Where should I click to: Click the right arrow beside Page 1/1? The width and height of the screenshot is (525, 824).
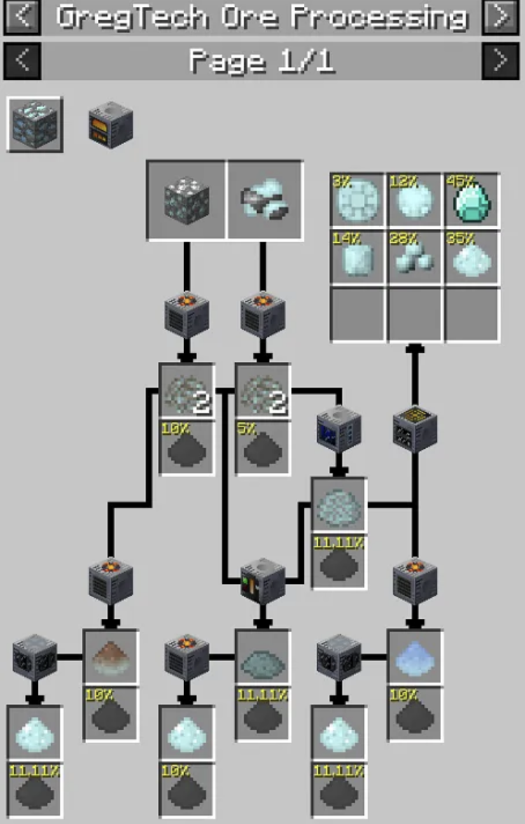(500, 61)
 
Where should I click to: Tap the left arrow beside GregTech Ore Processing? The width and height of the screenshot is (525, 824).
(22, 15)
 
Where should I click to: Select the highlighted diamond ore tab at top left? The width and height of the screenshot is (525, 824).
(35, 124)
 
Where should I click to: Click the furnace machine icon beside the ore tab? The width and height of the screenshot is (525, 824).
(111, 125)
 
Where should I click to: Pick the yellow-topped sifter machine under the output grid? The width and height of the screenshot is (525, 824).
(414, 428)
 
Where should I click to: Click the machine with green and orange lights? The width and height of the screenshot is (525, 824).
(262, 581)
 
